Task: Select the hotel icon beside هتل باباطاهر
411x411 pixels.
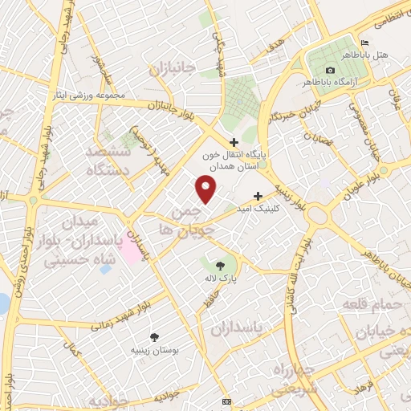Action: [x=366, y=43]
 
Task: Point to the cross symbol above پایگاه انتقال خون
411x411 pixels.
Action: [x=234, y=143]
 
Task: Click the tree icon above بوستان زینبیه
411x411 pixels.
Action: [x=154, y=337]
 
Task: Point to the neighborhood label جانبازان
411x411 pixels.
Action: [x=172, y=71]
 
